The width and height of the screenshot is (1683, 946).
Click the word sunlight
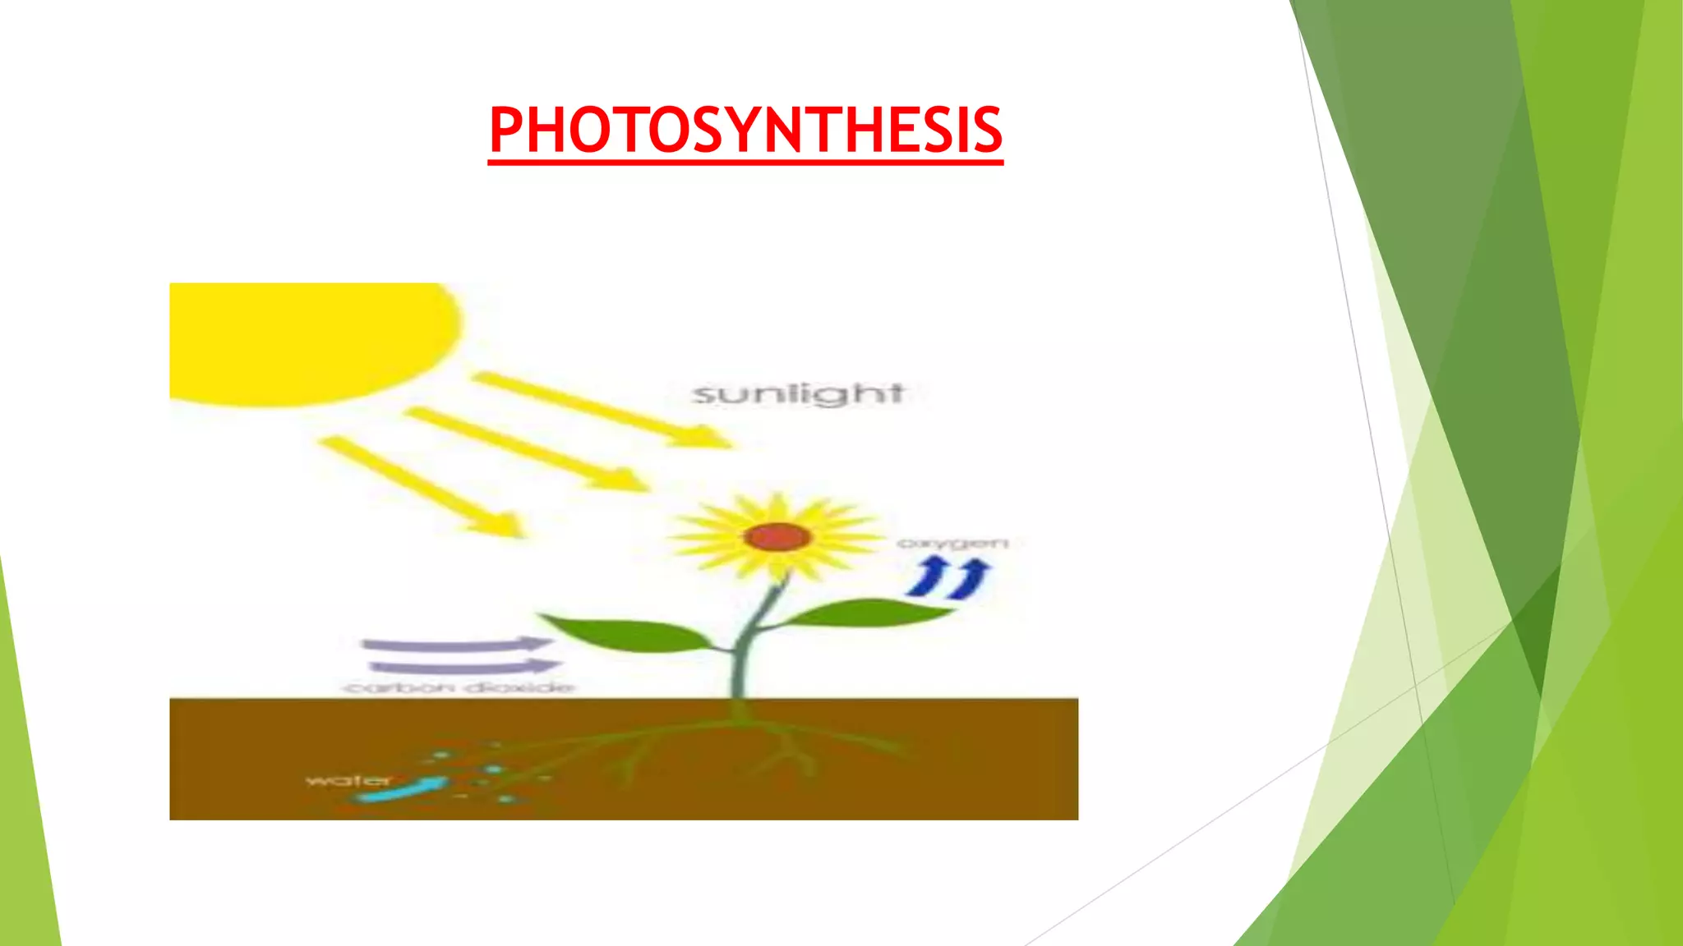point(798,394)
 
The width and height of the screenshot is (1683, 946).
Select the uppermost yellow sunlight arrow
point(600,408)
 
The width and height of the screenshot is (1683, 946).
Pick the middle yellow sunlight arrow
point(526,448)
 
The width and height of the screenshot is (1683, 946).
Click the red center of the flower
point(777,538)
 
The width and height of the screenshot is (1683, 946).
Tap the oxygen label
point(952,543)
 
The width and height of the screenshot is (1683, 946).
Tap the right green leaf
point(863,613)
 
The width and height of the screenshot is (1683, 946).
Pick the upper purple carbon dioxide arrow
point(456,644)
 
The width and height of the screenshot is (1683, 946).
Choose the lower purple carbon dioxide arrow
point(464,666)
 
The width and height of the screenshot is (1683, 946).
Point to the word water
point(348,779)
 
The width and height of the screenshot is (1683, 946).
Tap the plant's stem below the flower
point(748,649)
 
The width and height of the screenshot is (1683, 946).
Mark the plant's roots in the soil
point(740,739)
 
